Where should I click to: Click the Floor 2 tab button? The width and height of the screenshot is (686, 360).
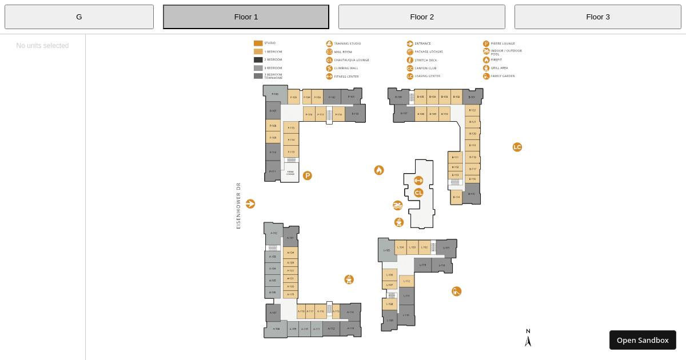421,17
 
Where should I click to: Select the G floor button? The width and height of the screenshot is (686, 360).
79,17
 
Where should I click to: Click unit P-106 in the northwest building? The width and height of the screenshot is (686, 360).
275,94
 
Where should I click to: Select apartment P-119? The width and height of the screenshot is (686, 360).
355,114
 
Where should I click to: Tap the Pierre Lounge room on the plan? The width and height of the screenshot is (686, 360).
290,173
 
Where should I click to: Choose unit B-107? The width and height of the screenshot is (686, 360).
404,113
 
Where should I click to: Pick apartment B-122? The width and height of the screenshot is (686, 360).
472,110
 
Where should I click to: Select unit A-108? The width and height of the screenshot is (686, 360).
276,329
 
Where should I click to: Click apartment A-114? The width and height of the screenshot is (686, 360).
350,312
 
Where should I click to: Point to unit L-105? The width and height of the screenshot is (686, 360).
387,250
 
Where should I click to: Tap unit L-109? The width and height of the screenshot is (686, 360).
390,321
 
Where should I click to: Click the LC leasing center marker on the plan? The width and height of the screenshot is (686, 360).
517,147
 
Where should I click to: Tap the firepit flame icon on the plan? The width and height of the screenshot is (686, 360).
379,170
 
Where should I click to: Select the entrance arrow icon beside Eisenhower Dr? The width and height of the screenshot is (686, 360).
250,204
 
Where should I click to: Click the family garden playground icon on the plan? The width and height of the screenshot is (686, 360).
456,291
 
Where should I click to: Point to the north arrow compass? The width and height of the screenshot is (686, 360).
528,338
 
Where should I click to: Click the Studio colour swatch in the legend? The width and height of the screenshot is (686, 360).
258,43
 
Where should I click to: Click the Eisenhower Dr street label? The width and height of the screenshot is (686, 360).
238,206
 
